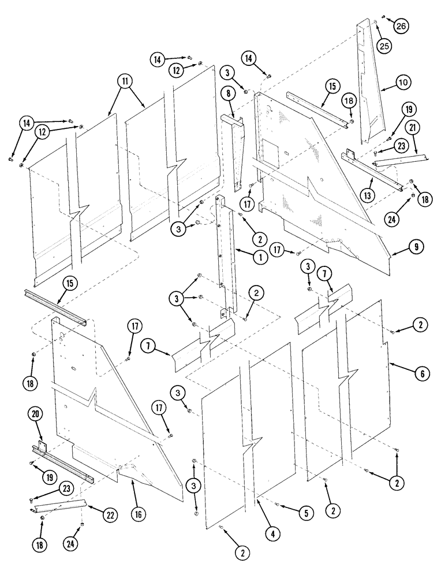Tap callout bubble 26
tap(401, 25)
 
